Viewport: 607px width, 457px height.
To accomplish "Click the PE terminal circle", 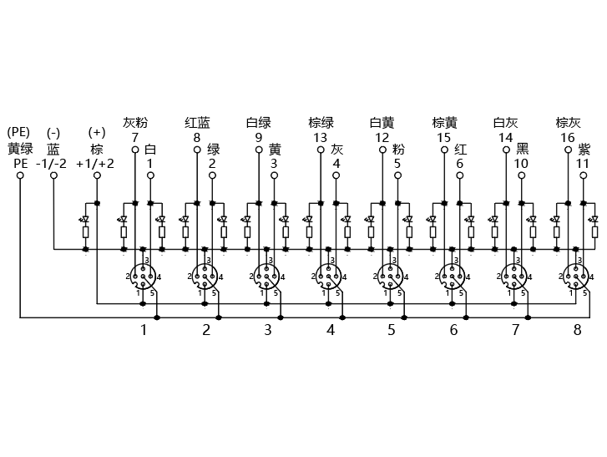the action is (20, 175).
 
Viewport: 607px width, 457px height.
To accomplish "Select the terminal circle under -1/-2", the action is (53, 175).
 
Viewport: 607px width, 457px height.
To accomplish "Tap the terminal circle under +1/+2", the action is (97, 175).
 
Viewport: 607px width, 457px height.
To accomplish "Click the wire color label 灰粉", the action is (135, 123).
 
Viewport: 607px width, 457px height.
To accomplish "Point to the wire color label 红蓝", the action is (197, 123).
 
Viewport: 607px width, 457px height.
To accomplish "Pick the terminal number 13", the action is (320, 138).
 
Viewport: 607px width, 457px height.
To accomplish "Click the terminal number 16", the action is (568, 138).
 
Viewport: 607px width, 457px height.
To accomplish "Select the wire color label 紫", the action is (584, 149).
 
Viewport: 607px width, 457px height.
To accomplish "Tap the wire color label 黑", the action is (522, 149).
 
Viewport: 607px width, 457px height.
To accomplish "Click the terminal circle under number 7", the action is (135, 150).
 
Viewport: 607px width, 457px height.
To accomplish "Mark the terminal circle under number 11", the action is (584, 175).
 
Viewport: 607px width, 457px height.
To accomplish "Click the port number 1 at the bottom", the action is (144, 330).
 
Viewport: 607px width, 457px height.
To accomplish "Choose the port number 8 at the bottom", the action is (577, 330).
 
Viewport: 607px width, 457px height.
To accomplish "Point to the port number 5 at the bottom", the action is (392, 330).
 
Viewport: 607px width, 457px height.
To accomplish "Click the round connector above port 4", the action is (329, 277).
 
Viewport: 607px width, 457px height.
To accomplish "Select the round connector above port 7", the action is (514, 277).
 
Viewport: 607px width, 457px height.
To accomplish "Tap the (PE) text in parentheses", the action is (18, 132).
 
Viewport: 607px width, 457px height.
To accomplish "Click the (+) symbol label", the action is (97, 132).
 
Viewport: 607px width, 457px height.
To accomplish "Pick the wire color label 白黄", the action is (382, 123).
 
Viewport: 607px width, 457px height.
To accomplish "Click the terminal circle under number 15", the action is (444, 150).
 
